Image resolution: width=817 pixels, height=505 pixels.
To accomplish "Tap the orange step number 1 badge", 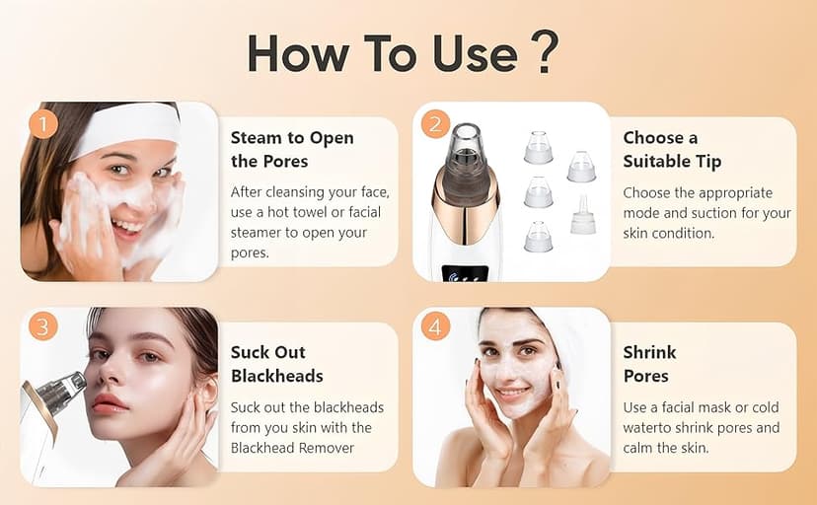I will click(41, 124).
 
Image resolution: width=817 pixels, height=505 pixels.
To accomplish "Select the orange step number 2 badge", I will click(434, 124).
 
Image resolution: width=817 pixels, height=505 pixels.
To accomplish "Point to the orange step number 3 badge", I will click(41, 325).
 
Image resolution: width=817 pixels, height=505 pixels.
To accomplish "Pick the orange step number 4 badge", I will click(434, 325).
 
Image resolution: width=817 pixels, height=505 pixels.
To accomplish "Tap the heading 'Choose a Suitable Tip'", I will click(672, 149).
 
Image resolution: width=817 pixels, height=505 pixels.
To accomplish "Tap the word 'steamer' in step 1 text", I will click(259, 233).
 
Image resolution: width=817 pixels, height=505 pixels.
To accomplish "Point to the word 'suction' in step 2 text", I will click(713, 213).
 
